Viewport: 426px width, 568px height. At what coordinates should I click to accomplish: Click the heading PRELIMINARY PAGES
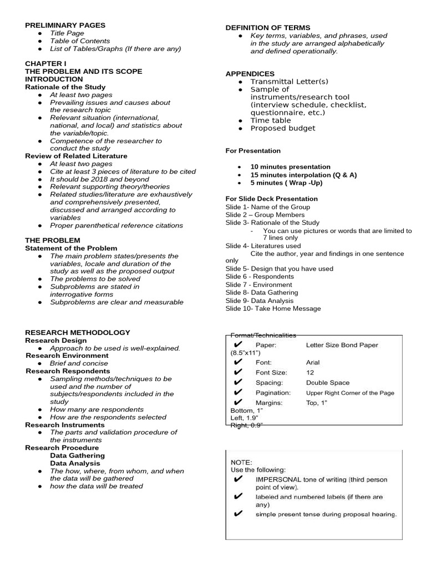65,25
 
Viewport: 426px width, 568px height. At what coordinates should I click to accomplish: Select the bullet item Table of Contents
80,41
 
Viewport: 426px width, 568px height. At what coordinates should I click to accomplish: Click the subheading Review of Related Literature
76,156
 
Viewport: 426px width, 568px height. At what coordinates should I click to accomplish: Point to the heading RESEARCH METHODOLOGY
78,332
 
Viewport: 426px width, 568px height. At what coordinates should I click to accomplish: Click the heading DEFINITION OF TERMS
267,28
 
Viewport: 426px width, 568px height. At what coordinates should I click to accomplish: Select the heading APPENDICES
250,74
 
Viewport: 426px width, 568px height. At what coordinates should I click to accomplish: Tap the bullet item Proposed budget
282,128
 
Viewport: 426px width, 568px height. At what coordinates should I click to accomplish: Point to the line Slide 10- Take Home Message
273,308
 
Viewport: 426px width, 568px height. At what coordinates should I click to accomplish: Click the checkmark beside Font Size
239,373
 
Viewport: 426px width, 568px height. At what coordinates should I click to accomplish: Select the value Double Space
327,383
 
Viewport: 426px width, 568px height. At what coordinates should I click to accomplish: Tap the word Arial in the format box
313,362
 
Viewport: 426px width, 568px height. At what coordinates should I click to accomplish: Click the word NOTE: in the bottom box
241,461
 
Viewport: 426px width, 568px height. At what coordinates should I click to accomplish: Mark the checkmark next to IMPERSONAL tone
239,479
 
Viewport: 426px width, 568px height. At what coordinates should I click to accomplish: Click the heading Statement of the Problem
71,248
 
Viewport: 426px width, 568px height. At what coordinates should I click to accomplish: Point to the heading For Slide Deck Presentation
271,199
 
